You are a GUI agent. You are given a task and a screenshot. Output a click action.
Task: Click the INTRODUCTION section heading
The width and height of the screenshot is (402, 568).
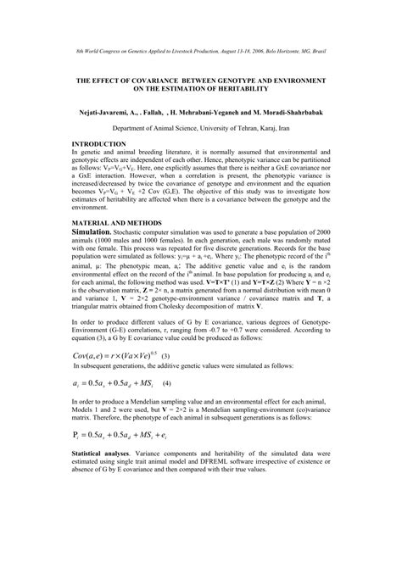[x=99, y=144]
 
